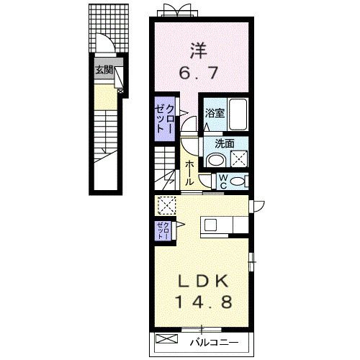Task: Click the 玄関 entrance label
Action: [104, 71]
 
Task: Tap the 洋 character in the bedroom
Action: [199, 51]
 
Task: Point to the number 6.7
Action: [199, 73]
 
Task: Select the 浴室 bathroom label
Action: [215, 113]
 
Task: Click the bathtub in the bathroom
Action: [238, 114]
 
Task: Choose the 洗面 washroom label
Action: [225, 144]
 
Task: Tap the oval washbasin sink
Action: [215, 160]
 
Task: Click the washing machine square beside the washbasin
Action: [239, 158]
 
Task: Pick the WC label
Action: [223, 181]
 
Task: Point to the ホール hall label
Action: [189, 173]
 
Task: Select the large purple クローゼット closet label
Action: [164, 120]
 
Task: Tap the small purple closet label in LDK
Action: [164, 230]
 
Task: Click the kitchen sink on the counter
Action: [210, 225]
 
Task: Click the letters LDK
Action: [203, 281]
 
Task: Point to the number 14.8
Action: [204, 302]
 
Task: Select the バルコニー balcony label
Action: [215, 343]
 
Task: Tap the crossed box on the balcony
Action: [167, 339]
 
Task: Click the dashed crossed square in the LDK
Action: [167, 205]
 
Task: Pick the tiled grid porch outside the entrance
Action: [109, 28]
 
